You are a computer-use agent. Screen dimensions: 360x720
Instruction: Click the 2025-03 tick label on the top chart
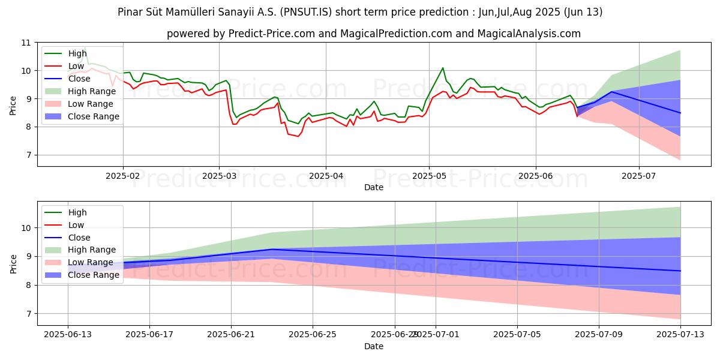[219, 176]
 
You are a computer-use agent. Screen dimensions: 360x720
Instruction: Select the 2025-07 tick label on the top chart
[638, 176]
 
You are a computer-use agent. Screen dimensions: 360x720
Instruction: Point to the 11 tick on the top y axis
[26, 43]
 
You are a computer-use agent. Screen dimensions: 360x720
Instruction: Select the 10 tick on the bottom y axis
[26, 228]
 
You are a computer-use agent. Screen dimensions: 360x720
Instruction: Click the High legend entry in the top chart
[77, 53]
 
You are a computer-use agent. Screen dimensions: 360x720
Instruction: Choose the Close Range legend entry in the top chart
[93, 116]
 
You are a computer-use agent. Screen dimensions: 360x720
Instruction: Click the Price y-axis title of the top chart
[13, 104]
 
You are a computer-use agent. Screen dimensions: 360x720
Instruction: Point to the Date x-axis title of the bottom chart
[374, 346]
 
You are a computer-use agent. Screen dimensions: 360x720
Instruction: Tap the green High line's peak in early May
[443, 68]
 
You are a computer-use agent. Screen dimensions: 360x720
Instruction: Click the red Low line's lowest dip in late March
[298, 136]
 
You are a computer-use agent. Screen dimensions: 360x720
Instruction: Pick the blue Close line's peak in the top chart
[611, 91]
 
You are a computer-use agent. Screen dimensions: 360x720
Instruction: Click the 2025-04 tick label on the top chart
[326, 176]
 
